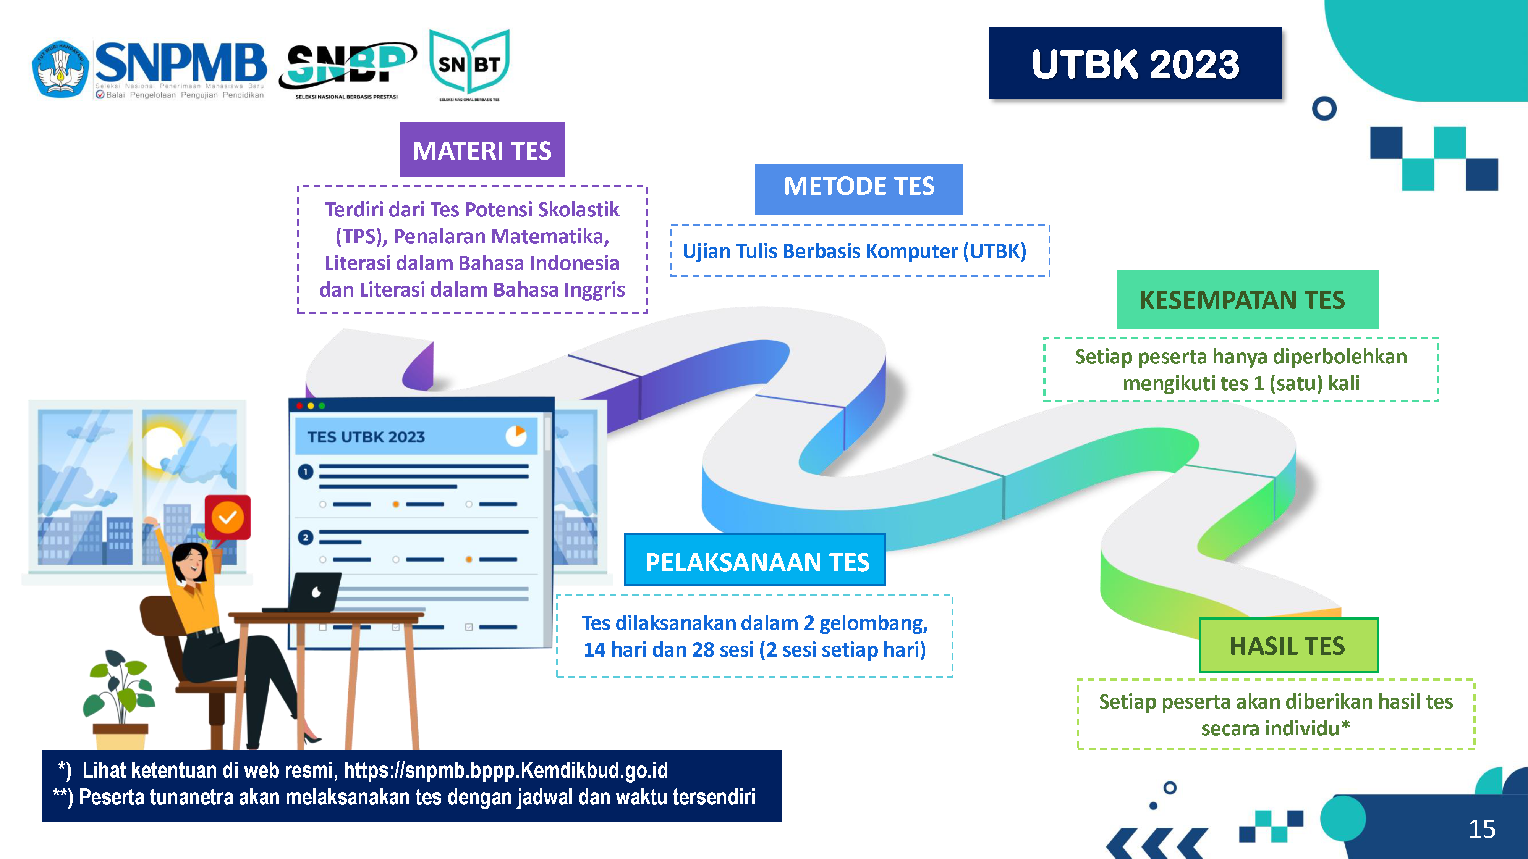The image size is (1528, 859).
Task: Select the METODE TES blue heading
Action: (858, 189)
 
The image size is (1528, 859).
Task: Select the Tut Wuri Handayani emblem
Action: (60, 69)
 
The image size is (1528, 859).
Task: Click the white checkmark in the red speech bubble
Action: (228, 518)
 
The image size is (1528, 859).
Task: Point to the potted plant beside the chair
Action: (120, 699)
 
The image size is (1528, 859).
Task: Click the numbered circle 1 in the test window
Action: (306, 472)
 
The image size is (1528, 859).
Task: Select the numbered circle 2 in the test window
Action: (306, 538)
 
